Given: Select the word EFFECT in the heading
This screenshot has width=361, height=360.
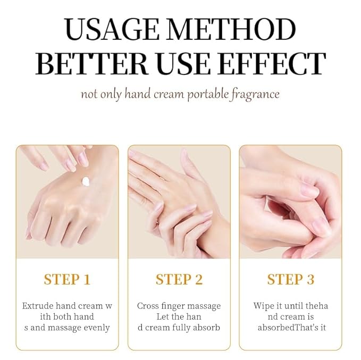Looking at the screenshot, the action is tap(272, 63).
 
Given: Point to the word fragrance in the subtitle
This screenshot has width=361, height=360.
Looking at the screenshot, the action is tap(255, 95).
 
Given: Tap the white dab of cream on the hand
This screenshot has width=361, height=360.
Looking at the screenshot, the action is tap(86, 181).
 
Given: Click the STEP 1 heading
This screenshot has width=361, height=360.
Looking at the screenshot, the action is tap(67, 279).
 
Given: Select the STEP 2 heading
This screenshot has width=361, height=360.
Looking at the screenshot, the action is tap(179, 279).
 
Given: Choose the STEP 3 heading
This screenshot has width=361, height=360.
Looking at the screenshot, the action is tap(290, 279).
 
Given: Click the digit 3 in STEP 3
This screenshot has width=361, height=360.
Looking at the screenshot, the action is tap(310, 279).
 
